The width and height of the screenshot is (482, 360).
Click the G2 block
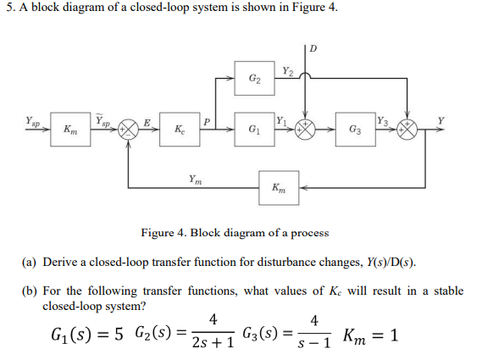point(255,79)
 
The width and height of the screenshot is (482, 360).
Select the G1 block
point(255,131)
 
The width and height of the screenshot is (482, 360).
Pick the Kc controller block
point(180,131)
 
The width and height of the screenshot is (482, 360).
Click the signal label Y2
point(288,71)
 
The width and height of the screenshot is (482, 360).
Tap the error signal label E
point(147,122)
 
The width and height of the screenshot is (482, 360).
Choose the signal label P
point(207,122)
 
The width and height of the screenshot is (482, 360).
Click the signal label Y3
point(383,122)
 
